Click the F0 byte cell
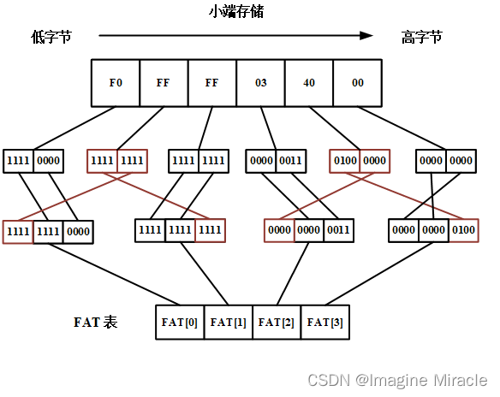tap(116, 83)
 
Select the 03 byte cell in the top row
tap(261, 83)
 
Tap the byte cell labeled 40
tap(309, 83)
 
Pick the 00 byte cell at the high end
tap(358, 83)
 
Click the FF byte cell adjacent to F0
tap(164, 83)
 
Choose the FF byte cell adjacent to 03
tap(212, 83)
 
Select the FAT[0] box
tap(180, 323)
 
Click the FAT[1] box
tap(228, 323)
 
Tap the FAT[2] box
tap(277, 323)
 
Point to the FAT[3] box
tap(324, 323)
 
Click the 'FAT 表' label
tap(95, 323)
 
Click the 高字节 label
tap(422, 37)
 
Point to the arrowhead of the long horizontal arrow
tap(366, 36)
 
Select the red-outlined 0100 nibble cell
tap(345, 161)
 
